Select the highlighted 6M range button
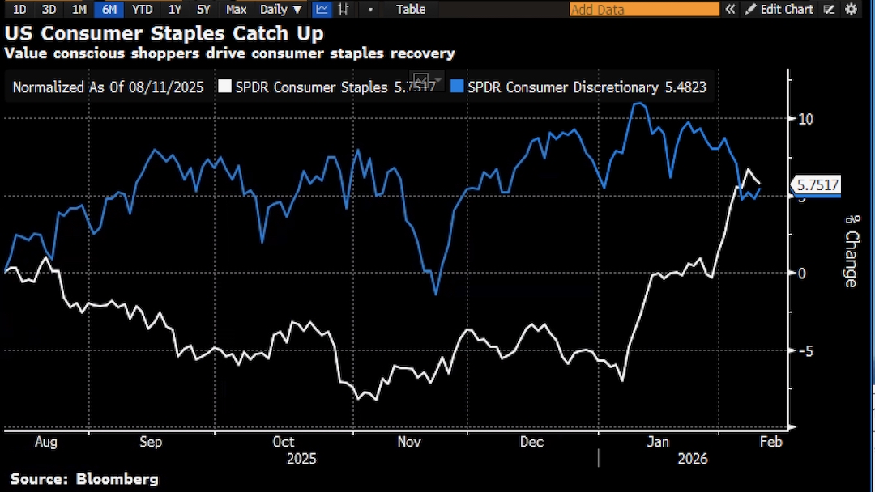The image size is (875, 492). click(x=108, y=9)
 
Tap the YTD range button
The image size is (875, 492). click(x=141, y=9)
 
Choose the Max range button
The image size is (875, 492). click(x=237, y=9)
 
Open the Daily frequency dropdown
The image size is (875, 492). click(x=280, y=9)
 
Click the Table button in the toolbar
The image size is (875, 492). click(x=411, y=9)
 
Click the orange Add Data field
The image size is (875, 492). click(x=644, y=9)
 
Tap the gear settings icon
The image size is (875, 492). click(x=851, y=9)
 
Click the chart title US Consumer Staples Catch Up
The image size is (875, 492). click(x=164, y=34)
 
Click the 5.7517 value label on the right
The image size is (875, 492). click(x=817, y=184)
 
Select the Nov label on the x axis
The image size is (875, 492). click(x=409, y=442)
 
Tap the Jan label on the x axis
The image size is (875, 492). click(x=658, y=442)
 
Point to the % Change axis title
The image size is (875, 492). click(x=851, y=250)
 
